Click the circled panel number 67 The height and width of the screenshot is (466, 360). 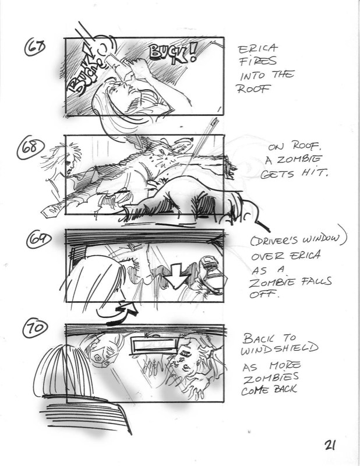click(x=36, y=48)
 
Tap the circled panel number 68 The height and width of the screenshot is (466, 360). click(x=31, y=148)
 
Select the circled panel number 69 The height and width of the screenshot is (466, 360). click(x=39, y=239)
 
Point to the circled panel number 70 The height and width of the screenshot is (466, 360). click(x=35, y=328)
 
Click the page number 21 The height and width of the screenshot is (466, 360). click(x=330, y=445)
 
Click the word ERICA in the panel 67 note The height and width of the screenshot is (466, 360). click(x=258, y=49)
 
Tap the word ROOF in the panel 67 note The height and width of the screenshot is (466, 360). click(x=253, y=89)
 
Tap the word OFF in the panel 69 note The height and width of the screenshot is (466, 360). click(x=262, y=294)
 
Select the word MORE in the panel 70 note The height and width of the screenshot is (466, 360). click(x=285, y=365)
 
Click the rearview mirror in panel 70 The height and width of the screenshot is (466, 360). click(x=154, y=345)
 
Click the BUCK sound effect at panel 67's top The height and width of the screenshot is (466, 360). click(x=168, y=54)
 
